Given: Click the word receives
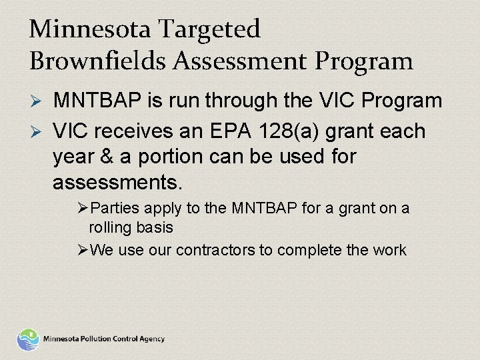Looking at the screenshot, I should pyautogui.click(x=139, y=131).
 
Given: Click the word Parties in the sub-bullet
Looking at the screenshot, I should pyautogui.click(x=111, y=209).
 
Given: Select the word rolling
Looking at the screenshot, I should pyautogui.click(x=109, y=228).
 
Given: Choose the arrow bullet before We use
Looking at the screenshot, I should pyautogui.click(x=83, y=250).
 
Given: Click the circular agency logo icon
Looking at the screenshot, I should pyautogui.click(x=28, y=339).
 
